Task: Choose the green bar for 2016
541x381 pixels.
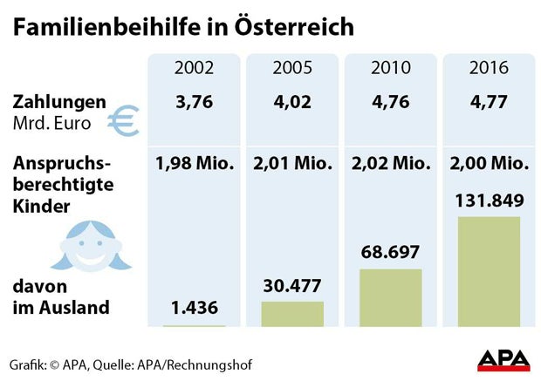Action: (x=489, y=271)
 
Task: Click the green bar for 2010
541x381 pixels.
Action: (x=390, y=297)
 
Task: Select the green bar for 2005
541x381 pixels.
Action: (x=291, y=314)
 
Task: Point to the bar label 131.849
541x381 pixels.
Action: (x=489, y=201)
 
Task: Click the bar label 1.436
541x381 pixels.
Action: (x=193, y=308)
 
